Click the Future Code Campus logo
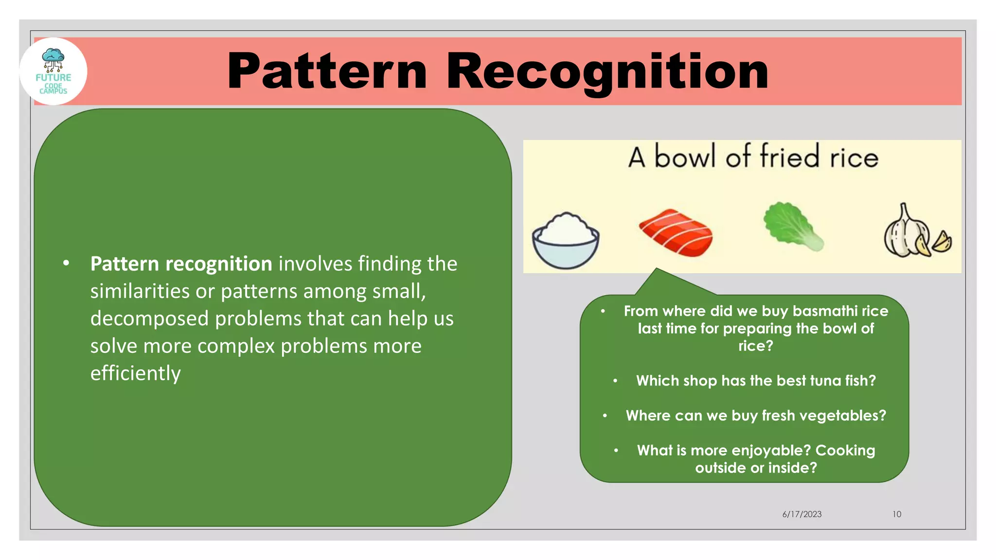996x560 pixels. (53, 71)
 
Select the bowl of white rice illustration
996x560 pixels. (565, 240)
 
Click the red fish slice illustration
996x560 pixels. (676, 232)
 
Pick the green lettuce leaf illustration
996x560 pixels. (792, 226)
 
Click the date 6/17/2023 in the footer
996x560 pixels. (801, 514)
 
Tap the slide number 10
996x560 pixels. (897, 514)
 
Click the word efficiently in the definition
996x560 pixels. (135, 373)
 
